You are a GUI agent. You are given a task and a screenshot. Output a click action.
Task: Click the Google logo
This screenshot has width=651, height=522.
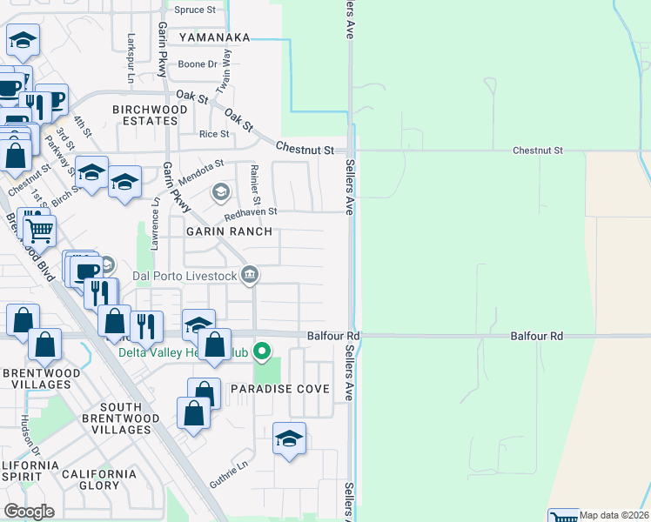(x=29, y=512)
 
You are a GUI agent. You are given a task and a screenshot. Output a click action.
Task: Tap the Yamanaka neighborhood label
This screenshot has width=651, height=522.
(x=215, y=38)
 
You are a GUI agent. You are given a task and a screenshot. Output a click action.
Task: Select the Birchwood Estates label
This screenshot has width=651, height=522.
(x=150, y=115)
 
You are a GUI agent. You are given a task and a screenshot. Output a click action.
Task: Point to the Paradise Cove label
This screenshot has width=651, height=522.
(x=279, y=389)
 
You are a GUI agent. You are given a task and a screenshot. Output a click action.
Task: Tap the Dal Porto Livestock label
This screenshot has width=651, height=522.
(x=185, y=277)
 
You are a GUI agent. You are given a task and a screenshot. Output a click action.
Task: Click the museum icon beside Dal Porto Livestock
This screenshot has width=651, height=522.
(x=250, y=276)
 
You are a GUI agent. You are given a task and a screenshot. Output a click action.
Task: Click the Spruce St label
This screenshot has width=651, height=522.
(x=195, y=10)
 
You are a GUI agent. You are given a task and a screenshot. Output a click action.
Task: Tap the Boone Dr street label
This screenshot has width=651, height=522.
(x=198, y=64)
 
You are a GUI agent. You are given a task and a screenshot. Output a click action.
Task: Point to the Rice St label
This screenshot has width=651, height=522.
(x=214, y=134)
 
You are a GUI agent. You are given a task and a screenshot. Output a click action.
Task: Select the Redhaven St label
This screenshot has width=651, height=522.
(x=251, y=211)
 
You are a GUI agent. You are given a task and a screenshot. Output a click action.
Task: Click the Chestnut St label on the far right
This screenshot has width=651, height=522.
(x=538, y=151)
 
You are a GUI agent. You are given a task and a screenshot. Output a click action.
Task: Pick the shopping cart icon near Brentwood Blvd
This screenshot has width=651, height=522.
(x=39, y=231)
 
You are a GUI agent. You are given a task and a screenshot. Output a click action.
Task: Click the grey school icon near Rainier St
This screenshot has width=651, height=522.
(x=221, y=191)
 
